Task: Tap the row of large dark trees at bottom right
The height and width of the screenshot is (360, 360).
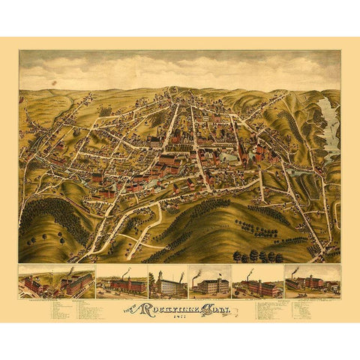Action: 259,256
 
